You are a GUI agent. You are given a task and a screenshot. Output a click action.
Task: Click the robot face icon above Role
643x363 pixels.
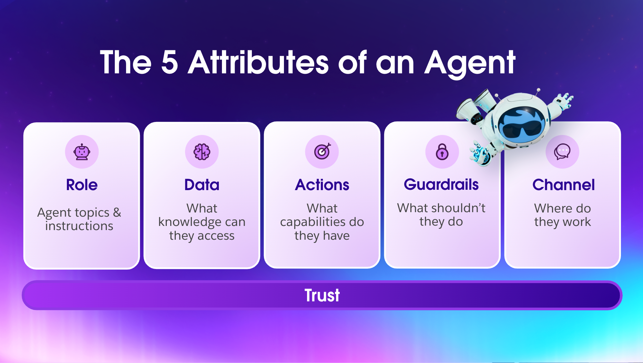[82, 152]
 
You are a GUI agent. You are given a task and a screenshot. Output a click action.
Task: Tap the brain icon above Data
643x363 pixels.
[202, 152]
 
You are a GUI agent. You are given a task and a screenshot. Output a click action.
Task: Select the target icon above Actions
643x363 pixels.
[322, 152]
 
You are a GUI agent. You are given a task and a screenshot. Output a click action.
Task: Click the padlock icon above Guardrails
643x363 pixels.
[442, 152]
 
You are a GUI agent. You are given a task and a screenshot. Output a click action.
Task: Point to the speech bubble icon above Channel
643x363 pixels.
[562, 152]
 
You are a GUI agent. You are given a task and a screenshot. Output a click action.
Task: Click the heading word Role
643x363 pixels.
[82, 185]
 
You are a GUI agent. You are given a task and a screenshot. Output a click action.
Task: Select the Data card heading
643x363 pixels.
[202, 185]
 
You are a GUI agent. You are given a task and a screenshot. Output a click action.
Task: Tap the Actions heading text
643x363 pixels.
[322, 185]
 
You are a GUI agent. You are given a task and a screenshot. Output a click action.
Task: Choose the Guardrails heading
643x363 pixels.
[441, 185]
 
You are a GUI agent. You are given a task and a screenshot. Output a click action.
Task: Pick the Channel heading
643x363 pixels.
[564, 185]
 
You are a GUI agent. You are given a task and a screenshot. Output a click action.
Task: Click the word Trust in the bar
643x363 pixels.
[322, 295]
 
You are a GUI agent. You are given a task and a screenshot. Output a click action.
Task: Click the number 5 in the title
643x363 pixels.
[170, 62]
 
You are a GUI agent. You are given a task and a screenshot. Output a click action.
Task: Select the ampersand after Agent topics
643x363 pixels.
[117, 212]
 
